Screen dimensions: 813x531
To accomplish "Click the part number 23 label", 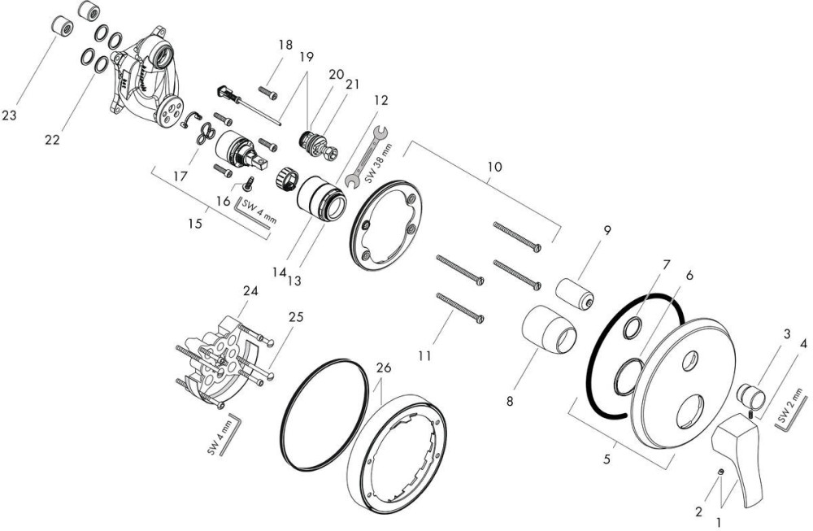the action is click(x=9, y=115).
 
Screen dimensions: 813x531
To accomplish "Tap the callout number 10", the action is click(x=494, y=167).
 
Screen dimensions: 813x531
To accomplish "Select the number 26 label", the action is click(x=384, y=368).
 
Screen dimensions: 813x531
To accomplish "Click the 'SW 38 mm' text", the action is click(x=378, y=164).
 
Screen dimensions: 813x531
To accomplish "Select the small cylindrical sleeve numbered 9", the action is click(x=574, y=294).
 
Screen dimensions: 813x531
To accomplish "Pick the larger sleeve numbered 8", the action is click(x=550, y=330).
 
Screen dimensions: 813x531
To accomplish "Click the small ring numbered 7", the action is click(x=633, y=328).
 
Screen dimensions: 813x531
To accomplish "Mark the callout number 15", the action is click(x=195, y=224).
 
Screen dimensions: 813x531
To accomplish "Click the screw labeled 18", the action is click(x=267, y=94).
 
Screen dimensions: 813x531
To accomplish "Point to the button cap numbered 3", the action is click(x=750, y=396).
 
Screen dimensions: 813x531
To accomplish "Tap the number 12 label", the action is click(x=380, y=100).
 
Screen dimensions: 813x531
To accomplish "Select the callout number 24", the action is click(x=250, y=291).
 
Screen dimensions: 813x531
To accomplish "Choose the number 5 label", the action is click(x=606, y=459).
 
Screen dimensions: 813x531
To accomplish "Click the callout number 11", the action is click(x=424, y=356).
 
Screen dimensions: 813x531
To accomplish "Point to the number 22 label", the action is click(x=52, y=140).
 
